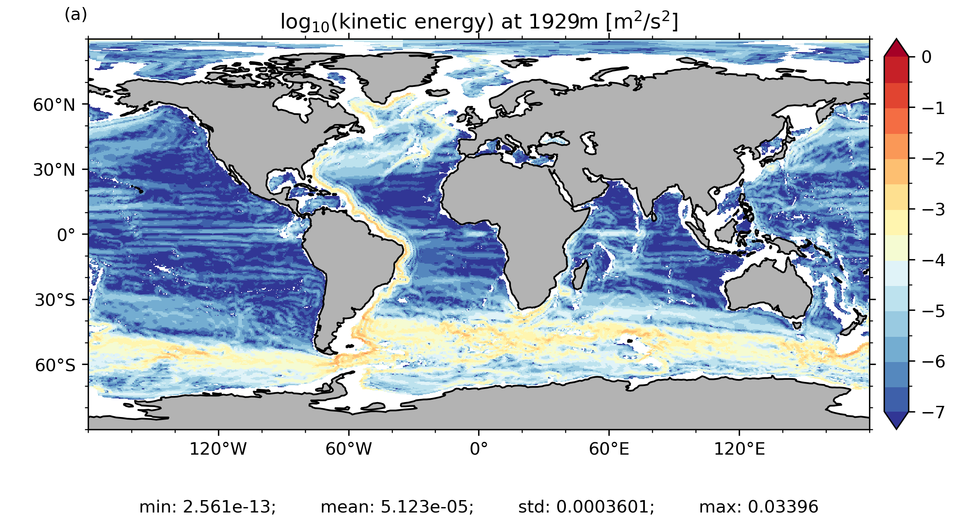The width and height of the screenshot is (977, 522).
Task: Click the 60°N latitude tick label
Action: click(x=54, y=105)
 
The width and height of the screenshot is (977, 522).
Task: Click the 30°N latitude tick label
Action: click(x=54, y=170)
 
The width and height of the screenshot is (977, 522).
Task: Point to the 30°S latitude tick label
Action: click(x=55, y=300)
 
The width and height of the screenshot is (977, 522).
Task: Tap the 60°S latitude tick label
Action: click(x=55, y=365)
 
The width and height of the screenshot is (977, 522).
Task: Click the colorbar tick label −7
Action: click(x=934, y=412)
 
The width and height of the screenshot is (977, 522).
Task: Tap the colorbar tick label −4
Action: click(x=934, y=260)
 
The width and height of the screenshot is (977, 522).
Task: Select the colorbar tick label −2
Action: click(x=934, y=159)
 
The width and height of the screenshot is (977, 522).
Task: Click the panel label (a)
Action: click(x=76, y=15)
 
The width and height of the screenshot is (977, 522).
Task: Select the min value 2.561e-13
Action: click(x=229, y=507)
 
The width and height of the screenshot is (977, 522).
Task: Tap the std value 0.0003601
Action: click(x=605, y=507)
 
